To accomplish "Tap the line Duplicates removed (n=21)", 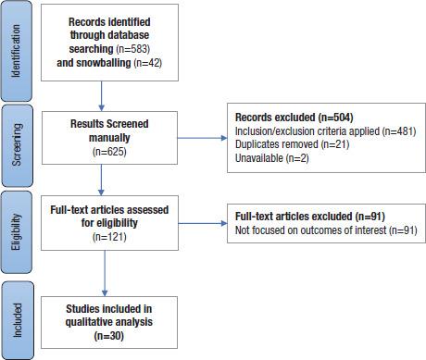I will click(292, 146).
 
